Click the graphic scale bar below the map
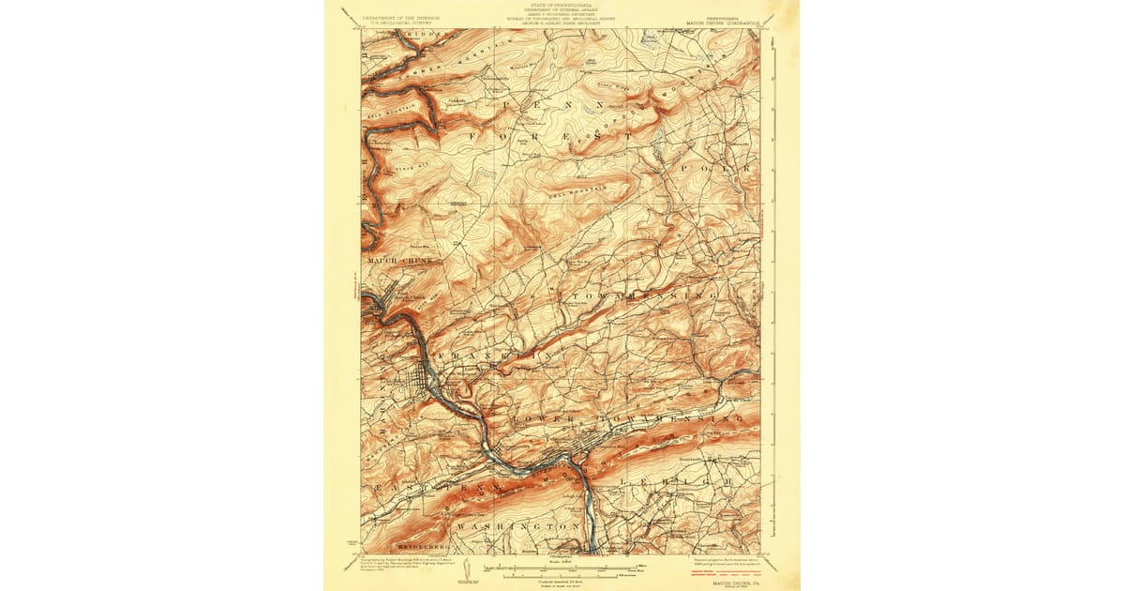pyautogui.click(x=562, y=568)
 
